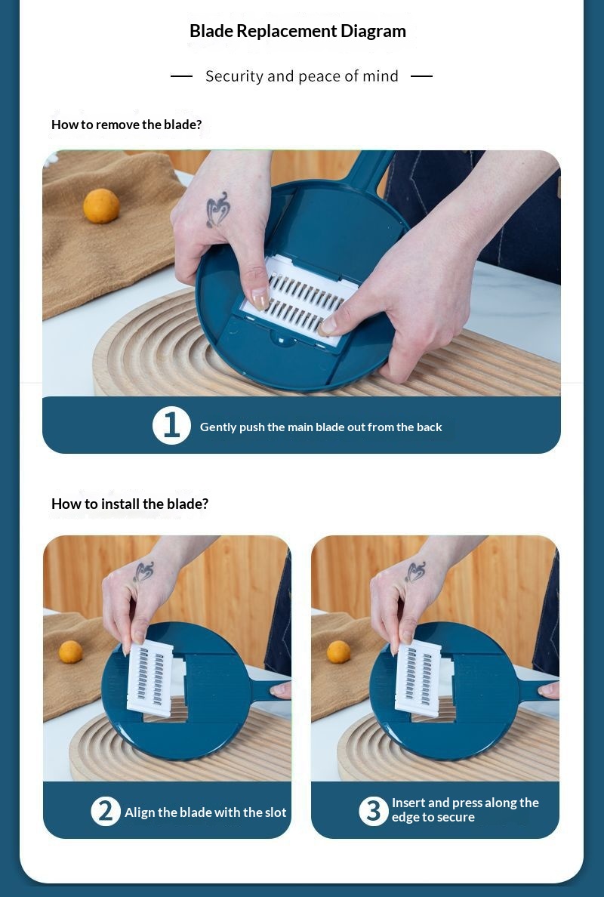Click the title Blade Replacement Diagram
297,31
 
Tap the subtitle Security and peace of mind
301,76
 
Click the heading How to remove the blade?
126,125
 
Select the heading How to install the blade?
130,504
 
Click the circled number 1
171,426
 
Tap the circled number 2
106,811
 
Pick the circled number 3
374,811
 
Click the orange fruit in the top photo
101,206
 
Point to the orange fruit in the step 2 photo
70,652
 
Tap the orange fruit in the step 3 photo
338,652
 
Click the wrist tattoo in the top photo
218,209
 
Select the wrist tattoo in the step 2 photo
143,572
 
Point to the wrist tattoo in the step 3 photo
414,572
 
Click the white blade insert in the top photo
298,301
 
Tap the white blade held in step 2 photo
149,678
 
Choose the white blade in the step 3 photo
418,678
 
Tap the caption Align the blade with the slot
205,812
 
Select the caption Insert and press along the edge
465,810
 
